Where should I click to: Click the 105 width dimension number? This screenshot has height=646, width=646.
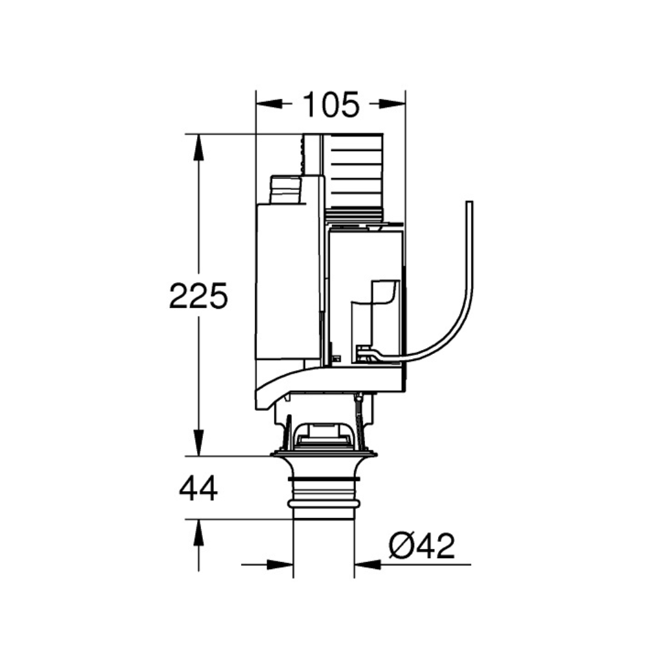[331, 105]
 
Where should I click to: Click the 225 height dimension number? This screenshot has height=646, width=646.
[198, 295]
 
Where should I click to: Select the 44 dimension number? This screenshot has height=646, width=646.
[198, 488]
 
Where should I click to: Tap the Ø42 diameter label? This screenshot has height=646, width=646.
[421, 545]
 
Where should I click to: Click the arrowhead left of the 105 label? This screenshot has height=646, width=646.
[269, 104]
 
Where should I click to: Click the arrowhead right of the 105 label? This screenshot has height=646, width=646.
[392, 104]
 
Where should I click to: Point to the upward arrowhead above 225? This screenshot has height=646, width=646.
[198, 147]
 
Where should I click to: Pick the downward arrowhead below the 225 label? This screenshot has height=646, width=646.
[198, 443]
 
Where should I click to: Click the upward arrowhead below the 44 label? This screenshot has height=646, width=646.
[198, 533]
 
